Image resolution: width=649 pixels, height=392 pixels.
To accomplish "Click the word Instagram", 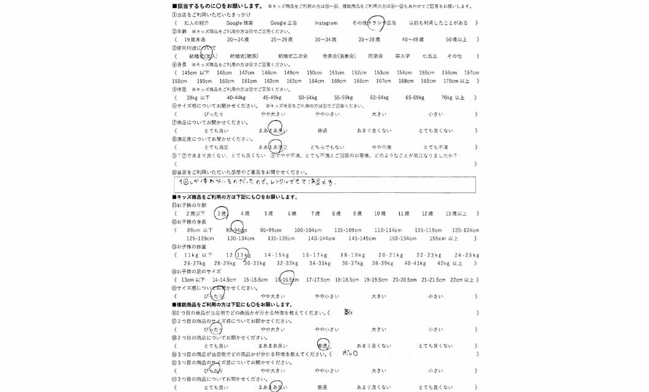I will (x=326, y=23).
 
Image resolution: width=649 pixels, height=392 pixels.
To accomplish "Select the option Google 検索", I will (x=239, y=23).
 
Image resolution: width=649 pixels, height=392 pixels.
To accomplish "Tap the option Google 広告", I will (x=283, y=23).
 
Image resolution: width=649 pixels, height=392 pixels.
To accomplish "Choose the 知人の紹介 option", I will (x=197, y=23).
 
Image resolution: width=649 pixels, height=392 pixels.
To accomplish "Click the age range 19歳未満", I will (x=194, y=39).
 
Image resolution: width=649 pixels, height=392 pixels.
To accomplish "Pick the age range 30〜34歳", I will (x=326, y=39).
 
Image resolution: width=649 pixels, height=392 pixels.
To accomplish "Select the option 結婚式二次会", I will (x=293, y=56).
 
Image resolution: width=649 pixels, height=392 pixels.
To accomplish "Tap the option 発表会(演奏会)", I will (x=339, y=56).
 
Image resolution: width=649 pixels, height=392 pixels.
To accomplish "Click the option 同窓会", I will (x=375, y=56).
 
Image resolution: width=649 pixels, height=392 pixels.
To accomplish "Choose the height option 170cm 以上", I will (x=457, y=81).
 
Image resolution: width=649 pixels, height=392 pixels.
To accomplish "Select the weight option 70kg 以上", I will (x=453, y=97).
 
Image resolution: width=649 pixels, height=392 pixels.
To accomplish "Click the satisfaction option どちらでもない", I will (x=327, y=148).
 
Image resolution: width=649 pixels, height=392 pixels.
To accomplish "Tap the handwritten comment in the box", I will (x=257, y=182).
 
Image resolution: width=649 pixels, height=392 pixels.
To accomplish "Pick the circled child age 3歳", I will (x=222, y=213).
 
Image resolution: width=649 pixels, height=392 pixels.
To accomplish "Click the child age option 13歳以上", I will (x=456, y=214).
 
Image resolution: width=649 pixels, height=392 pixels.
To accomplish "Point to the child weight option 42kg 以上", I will (x=449, y=263).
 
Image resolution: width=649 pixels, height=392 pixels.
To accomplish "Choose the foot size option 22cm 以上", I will (x=462, y=280).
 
